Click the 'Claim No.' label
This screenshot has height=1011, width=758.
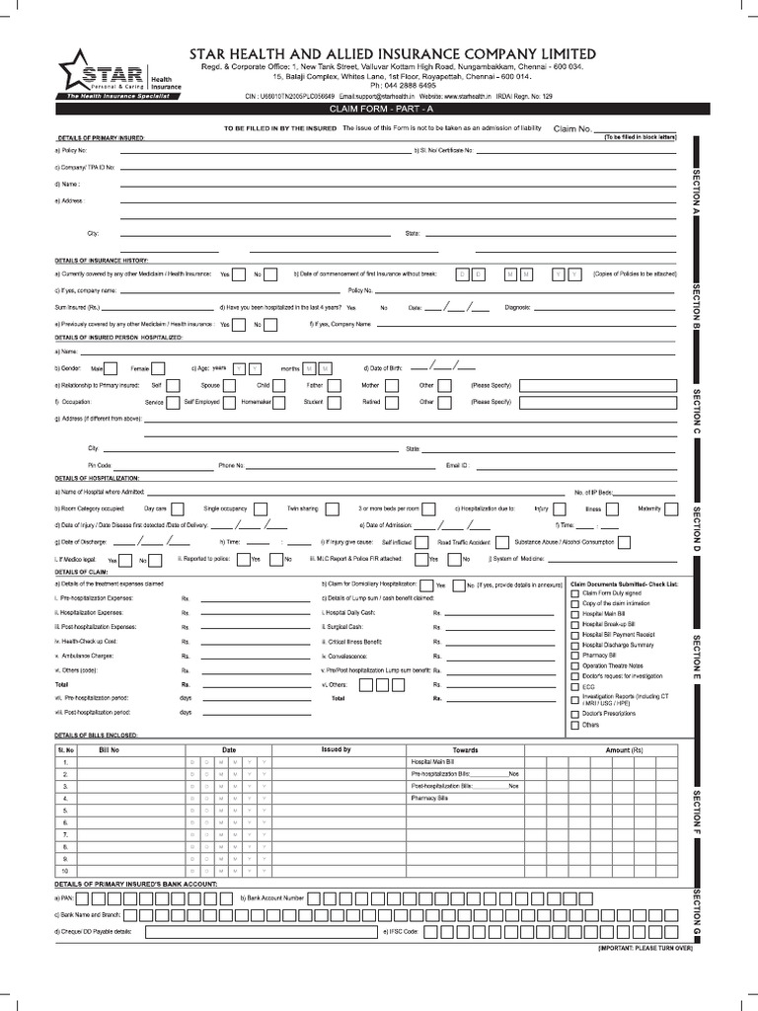pyautogui.click(x=572, y=129)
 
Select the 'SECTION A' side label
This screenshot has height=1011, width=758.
pyautogui.click(x=696, y=193)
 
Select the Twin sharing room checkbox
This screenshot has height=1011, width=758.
pyautogui.click(x=333, y=508)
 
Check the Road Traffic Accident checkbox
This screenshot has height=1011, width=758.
pyautogui.click(x=502, y=542)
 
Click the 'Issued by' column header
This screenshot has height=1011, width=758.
pyautogui.click(x=336, y=750)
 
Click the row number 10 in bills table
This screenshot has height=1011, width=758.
pyautogui.click(x=66, y=870)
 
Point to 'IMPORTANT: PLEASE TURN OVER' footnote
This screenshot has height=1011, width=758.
pyautogui.click(x=644, y=948)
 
